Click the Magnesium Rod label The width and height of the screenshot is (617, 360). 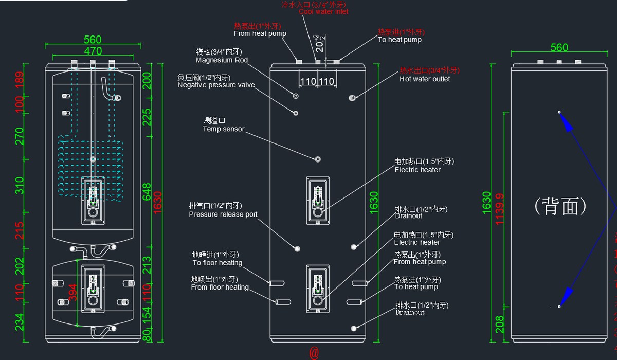[x=222, y=60]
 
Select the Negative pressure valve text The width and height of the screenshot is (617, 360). [x=216, y=85]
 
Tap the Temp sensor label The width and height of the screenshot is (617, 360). [x=223, y=129]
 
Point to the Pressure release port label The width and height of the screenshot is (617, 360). [x=223, y=214]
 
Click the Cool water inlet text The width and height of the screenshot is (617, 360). [x=323, y=11]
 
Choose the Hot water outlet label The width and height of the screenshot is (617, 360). [x=425, y=79]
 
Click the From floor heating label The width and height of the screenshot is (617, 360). [x=220, y=287]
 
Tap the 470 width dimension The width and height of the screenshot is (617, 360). [x=93, y=51]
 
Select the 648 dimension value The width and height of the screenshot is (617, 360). [x=147, y=191]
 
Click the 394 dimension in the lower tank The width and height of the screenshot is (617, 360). [x=73, y=294]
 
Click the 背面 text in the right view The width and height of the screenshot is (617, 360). [x=560, y=207]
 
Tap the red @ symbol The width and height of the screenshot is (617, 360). [x=314, y=353]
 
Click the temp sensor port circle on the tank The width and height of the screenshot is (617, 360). [x=318, y=159]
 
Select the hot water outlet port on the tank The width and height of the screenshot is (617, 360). [x=353, y=97]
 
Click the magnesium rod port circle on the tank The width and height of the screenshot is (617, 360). [x=296, y=96]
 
